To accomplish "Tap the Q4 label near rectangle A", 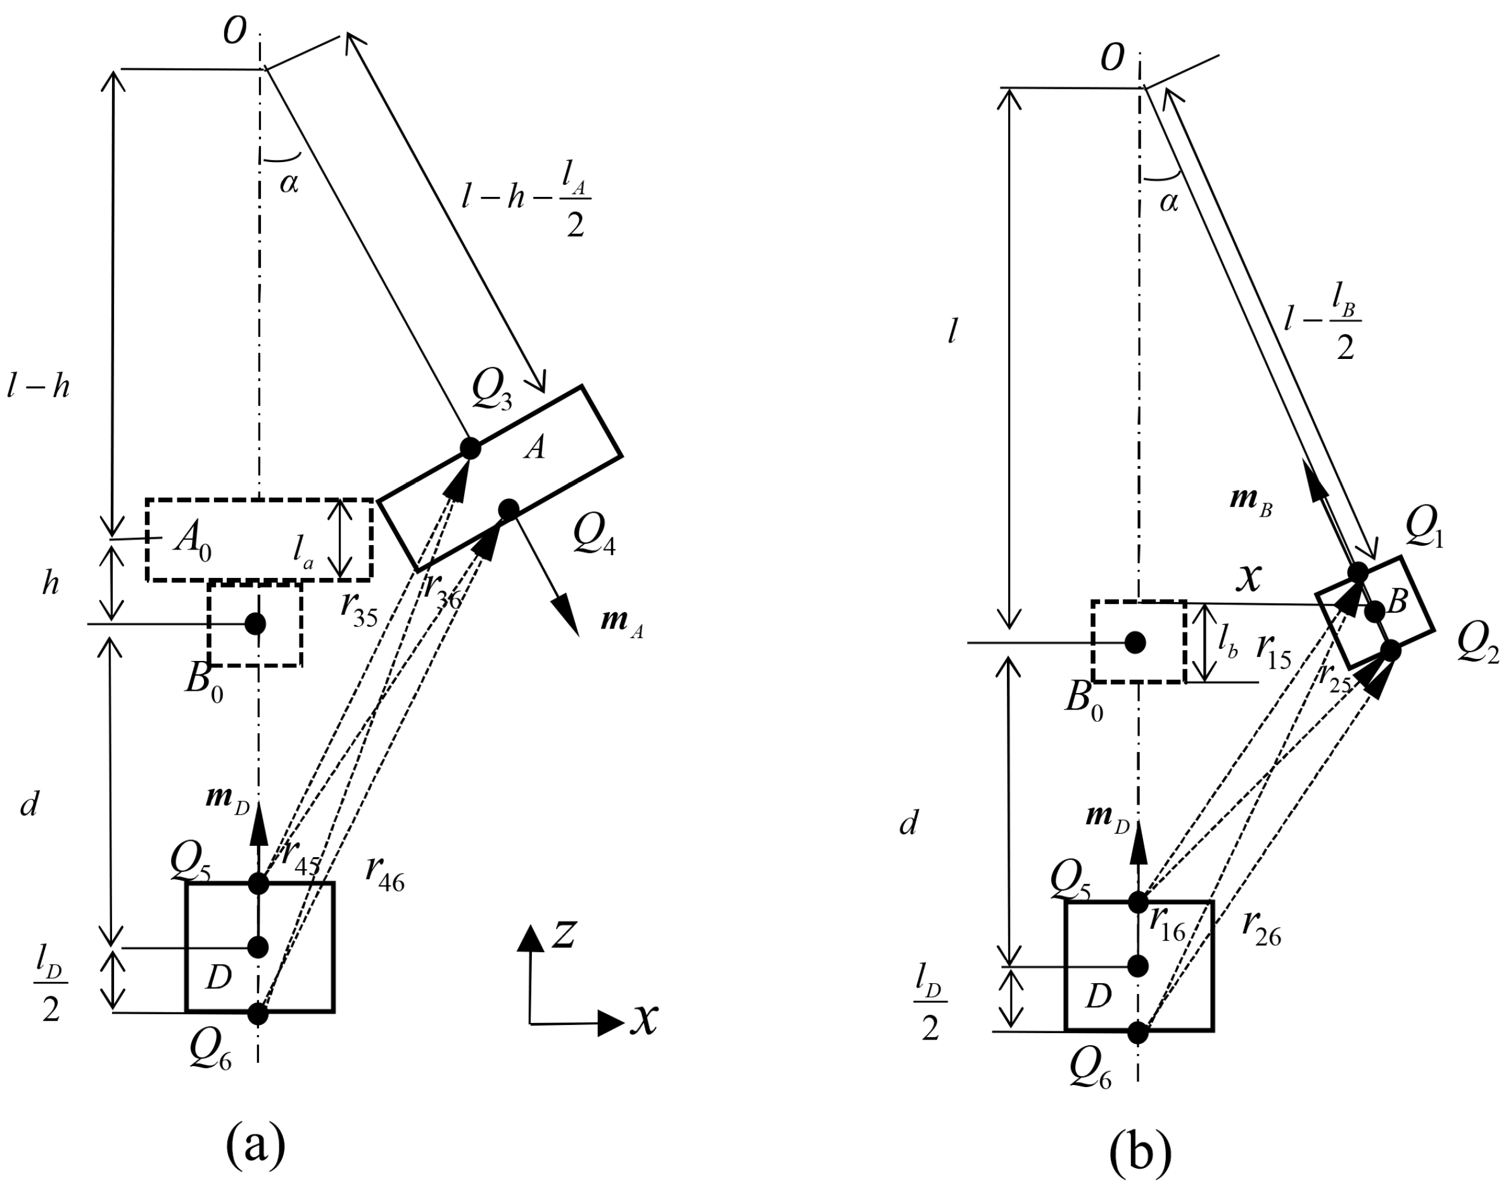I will pyautogui.click(x=594, y=536).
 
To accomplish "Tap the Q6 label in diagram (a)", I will pyautogui.click(x=211, y=1056).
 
